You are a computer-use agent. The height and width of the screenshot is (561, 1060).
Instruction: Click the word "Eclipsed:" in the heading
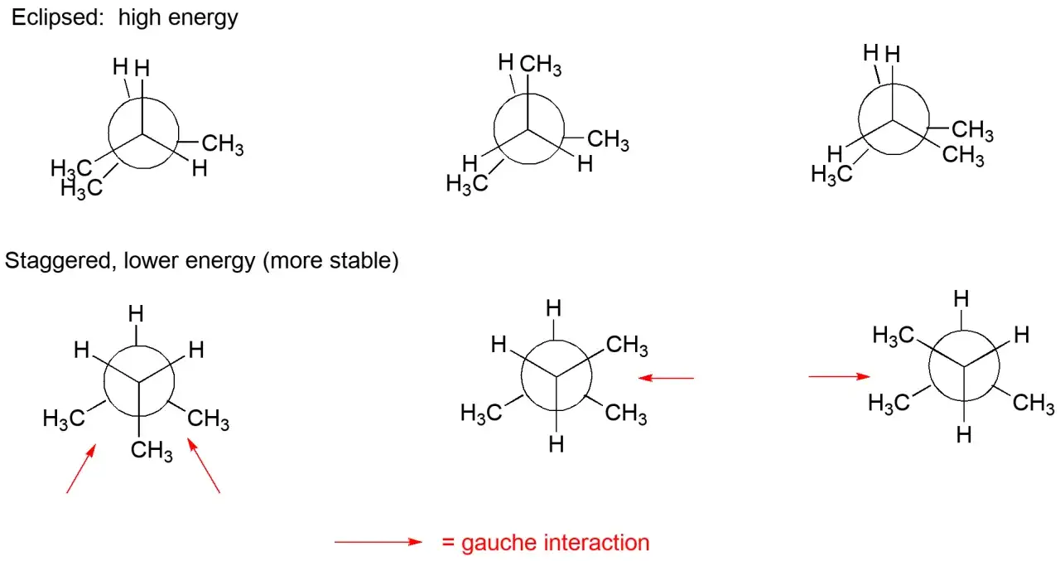click(58, 18)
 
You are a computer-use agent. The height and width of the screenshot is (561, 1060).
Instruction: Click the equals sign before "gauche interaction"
click(448, 543)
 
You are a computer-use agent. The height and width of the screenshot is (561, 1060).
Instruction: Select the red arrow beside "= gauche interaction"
click(378, 542)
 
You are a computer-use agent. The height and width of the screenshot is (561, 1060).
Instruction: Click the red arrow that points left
click(666, 378)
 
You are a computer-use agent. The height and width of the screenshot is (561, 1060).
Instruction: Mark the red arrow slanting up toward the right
click(81, 469)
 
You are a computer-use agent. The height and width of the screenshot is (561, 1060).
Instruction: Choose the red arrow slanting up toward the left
click(204, 466)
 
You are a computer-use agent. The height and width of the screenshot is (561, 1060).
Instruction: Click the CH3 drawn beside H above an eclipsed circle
click(541, 65)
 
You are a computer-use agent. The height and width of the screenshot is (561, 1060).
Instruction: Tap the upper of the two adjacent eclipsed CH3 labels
click(972, 130)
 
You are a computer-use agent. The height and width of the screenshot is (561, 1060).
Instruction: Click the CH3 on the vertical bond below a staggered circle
click(152, 451)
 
